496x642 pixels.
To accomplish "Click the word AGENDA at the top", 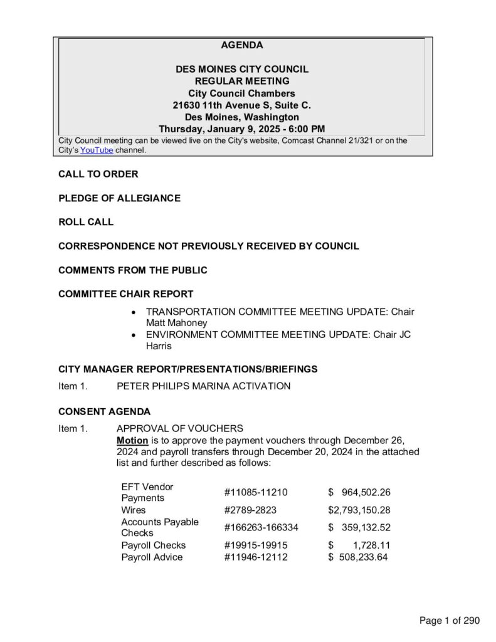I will pos(241,45).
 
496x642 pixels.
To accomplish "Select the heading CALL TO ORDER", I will pos(98,174).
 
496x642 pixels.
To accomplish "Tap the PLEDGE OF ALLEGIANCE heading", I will pos(119,198).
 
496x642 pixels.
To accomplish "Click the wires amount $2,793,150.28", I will pos(359,510).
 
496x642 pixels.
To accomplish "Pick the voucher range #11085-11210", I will pos(255,492).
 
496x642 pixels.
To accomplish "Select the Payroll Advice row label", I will pos(152,557).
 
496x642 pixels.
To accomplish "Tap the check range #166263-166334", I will pos(261,527).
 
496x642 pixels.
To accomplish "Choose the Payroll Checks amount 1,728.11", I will pos(371,545).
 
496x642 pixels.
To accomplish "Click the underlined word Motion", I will pos(132,440).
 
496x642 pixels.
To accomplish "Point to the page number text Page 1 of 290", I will pos(449,621).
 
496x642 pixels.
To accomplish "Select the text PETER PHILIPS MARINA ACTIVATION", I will pos(203,386).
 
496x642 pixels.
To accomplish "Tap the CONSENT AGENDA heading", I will pos(104,412).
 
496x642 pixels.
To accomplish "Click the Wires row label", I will pos(133,510).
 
